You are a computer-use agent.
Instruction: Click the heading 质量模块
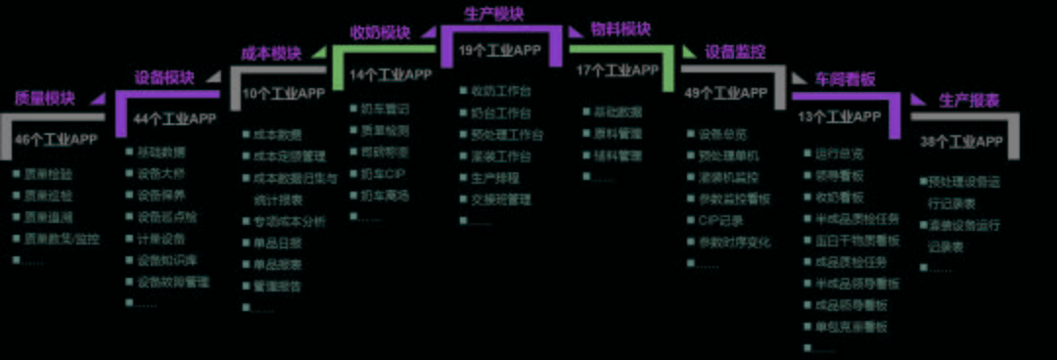44,98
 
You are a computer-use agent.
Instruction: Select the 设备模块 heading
163,77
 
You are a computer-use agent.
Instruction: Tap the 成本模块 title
271,53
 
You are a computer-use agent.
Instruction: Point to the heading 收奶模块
381,32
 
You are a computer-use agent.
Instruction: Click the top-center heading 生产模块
492,14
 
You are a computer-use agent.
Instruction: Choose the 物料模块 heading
620,29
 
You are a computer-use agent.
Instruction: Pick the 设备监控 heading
735,52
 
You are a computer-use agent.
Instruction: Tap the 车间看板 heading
847,77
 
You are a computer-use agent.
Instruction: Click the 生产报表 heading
969,100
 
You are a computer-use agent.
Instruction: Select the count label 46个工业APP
56,139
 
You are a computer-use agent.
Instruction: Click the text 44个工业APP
175,119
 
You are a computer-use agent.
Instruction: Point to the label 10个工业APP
284,94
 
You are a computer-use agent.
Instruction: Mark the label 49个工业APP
726,94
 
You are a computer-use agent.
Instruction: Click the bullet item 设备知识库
166,260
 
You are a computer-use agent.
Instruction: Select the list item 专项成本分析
289,221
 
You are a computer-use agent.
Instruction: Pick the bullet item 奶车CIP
382,173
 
